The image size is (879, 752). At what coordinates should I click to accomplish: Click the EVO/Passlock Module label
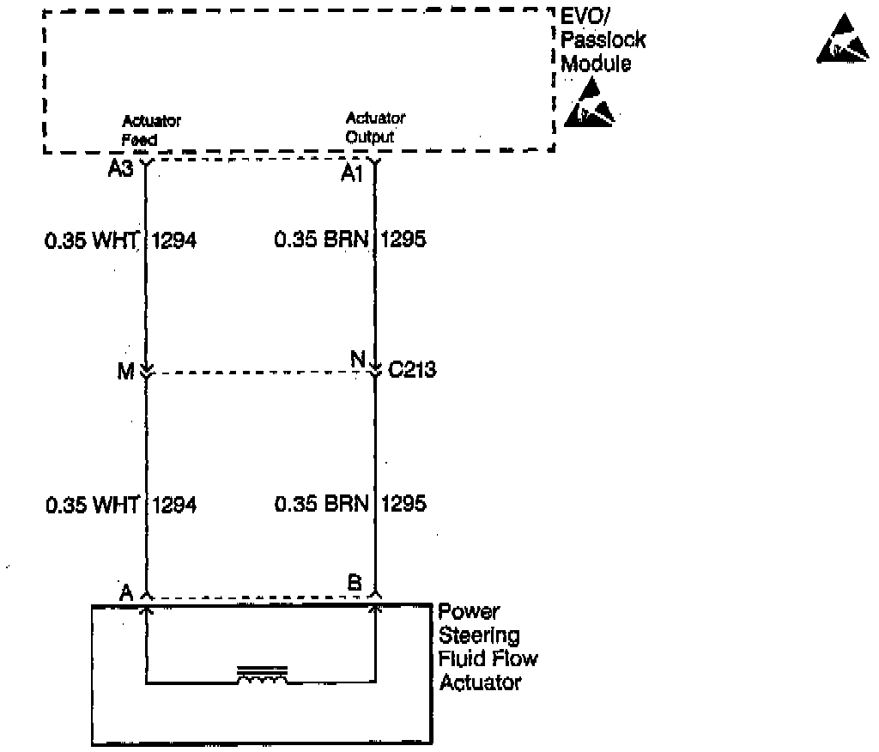pos(603,39)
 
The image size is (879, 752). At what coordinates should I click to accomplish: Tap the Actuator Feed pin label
pos(151,129)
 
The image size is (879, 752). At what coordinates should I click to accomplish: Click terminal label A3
pos(120,170)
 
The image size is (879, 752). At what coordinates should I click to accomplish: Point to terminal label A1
pos(352,174)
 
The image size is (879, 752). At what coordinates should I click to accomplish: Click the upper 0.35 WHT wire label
pos(92,241)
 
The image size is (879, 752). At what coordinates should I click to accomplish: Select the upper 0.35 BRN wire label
pos(322,241)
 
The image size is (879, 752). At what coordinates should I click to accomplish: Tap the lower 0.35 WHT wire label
pos(92,505)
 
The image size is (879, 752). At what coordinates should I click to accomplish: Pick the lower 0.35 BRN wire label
pos(322,505)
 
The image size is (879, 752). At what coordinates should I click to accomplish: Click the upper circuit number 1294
pos(173,241)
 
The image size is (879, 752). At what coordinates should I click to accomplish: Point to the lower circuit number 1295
pos(403,505)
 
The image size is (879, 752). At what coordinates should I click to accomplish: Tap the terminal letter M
pos(125,370)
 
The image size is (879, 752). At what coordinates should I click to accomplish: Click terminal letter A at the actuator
pos(126,591)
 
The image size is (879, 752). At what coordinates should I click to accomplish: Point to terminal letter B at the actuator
pos(354,583)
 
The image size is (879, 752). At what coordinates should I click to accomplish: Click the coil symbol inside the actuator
pos(263,676)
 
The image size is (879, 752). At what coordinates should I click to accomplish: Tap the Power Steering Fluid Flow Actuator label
pos(488,647)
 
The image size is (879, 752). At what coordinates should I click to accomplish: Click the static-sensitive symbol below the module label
pos(590,103)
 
